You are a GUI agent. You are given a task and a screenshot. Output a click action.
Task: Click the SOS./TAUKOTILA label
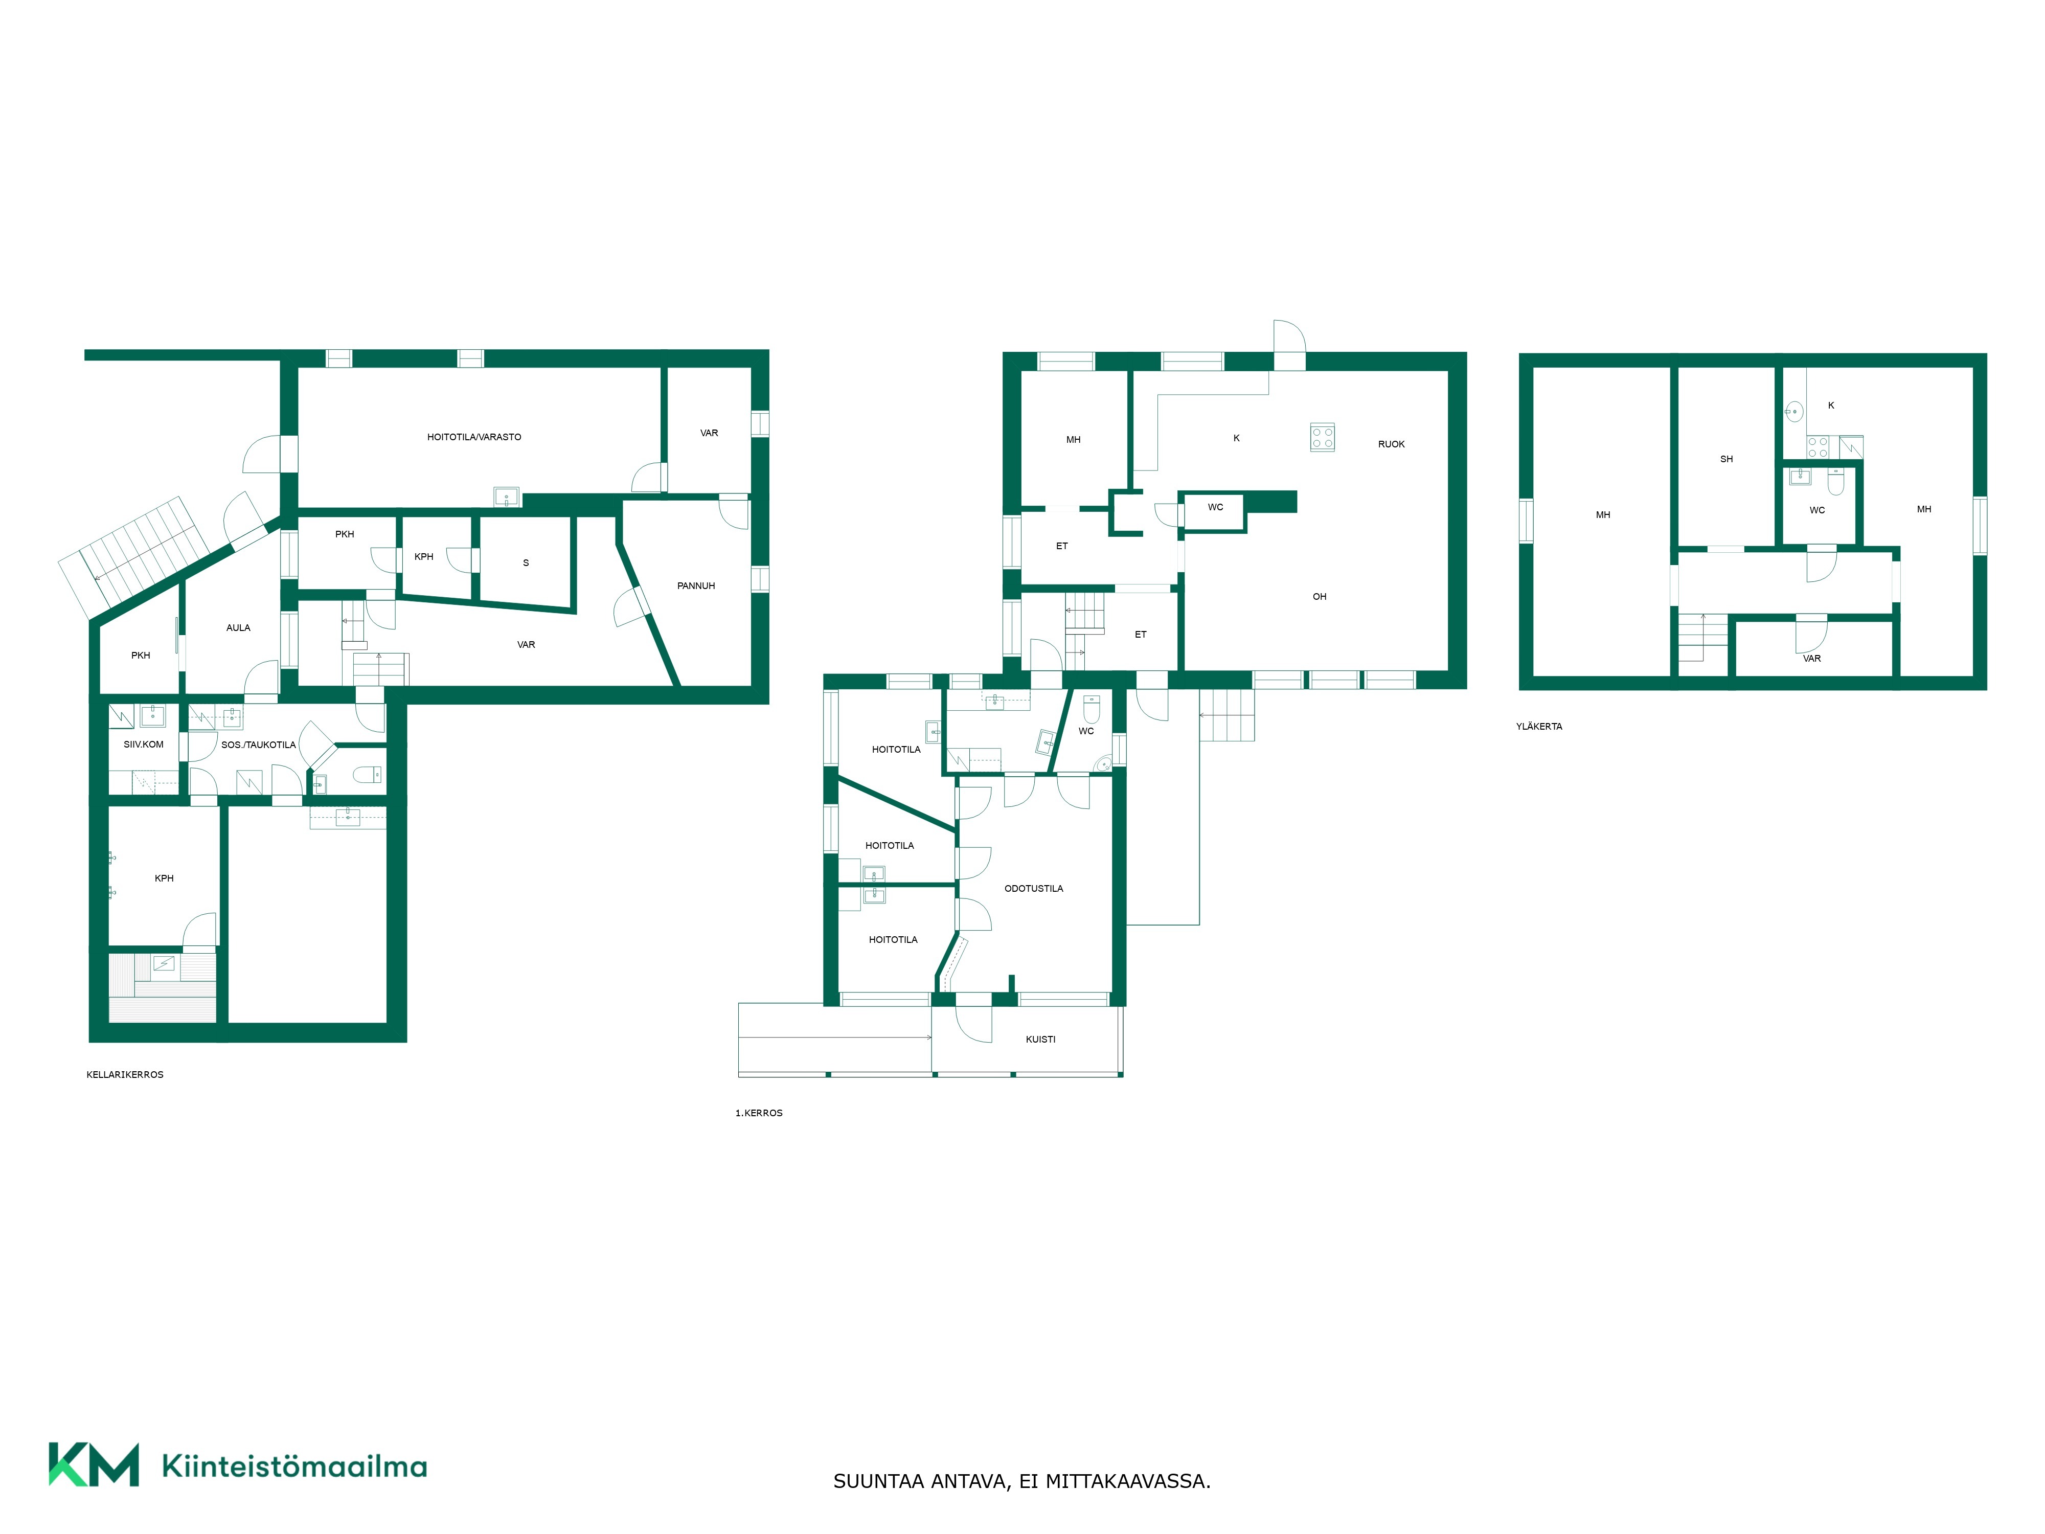pos(258,745)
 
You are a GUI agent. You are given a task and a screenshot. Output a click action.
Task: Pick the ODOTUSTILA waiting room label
pos(1034,889)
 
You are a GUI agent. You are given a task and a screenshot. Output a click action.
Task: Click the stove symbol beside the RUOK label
pos(1322,437)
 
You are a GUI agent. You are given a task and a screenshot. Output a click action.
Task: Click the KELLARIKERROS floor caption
pos(125,1074)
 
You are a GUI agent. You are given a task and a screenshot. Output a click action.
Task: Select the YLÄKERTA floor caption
pos(1539,727)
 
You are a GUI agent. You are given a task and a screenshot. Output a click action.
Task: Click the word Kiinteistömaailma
pos(294,1467)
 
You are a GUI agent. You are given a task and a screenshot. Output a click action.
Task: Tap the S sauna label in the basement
pos(526,563)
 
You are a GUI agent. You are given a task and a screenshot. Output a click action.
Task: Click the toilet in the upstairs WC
pos(1835,481)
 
